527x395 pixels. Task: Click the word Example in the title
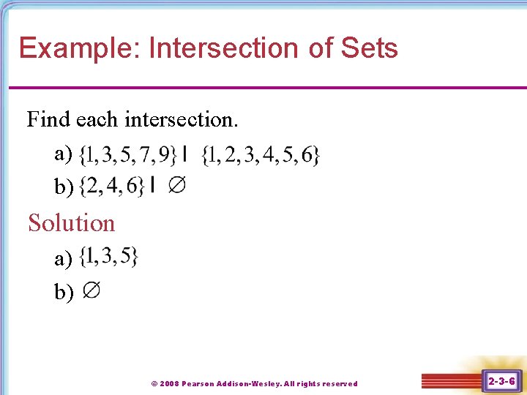click(78, 49)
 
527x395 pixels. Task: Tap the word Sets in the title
click(369, 49)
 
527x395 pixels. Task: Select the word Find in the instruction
click(48, 118)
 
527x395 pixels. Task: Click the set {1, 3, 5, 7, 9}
click(127, 154)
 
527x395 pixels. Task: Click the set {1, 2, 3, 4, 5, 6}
click(261, 154)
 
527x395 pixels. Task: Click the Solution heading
click(72, 222)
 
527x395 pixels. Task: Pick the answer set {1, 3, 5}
click(109, 257)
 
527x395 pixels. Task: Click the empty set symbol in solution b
click(91, 290)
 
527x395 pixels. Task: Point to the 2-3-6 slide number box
click(501, 381)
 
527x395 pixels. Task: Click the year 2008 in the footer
click(169, 383)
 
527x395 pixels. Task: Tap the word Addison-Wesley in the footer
click(253, 383)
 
